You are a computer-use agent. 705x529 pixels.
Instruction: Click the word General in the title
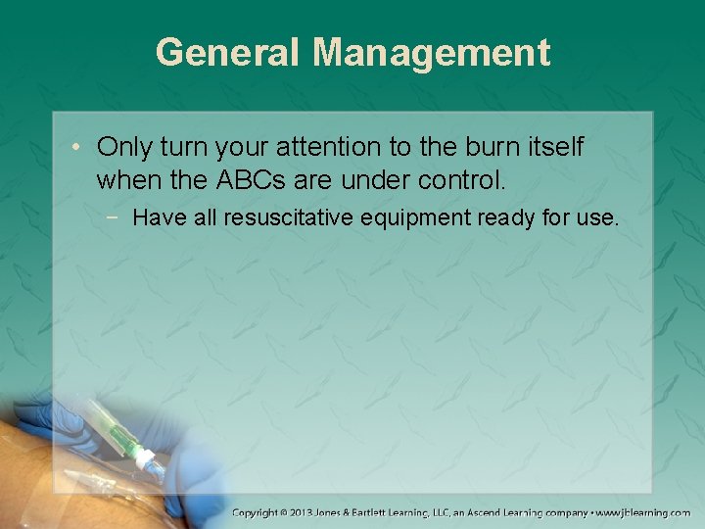pyautogui.click(x=228, y=52)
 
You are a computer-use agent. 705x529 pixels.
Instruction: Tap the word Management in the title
pyautogui.click(x=432, y=52)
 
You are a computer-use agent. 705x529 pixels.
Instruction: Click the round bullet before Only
pyautogui.click(x=76, y=148)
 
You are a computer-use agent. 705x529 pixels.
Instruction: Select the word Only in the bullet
pyautogui.click(x=124, y=147)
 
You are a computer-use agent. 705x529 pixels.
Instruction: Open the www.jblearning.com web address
pyautogui.click(x=643, y=512)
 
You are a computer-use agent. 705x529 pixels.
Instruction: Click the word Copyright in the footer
pyautogui.click(x=258, y=512)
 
